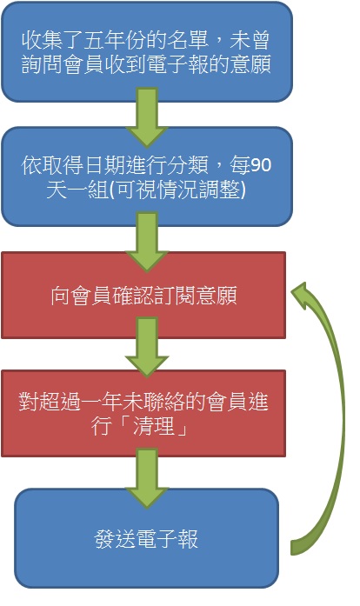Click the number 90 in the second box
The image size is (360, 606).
pos(261,165)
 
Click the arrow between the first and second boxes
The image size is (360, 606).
pos(147,117)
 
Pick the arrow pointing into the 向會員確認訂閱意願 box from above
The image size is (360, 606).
pos(147,243)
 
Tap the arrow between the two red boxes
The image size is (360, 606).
pos(147,347)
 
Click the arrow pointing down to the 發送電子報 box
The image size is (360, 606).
pos(147,477)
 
